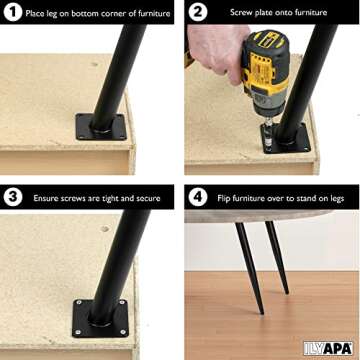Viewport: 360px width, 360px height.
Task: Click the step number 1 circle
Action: (13, 12)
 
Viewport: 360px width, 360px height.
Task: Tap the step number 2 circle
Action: (198, 12)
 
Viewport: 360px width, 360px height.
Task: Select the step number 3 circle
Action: (13, 197)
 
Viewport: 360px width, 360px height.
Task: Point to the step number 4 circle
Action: (198, 197)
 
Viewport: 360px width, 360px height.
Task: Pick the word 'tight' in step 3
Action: (108, 199)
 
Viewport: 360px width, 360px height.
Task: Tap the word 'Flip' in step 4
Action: (224, 199)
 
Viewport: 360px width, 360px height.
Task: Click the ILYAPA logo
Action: (328, 348)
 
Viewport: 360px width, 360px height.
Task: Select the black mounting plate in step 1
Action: (101, 127)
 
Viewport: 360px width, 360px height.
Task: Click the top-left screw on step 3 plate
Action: (79, 302)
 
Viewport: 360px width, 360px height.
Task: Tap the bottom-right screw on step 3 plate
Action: (123, 332)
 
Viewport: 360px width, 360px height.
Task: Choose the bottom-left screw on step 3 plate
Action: (78, 332)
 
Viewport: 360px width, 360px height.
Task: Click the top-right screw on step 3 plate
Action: (121, 302)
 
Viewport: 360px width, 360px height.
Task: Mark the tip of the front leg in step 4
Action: (262, 313)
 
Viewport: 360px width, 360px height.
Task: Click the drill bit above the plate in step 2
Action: (268, 132)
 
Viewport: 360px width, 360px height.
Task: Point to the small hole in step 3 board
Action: (105, 229)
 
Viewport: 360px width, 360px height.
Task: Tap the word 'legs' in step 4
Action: (336, 199)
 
